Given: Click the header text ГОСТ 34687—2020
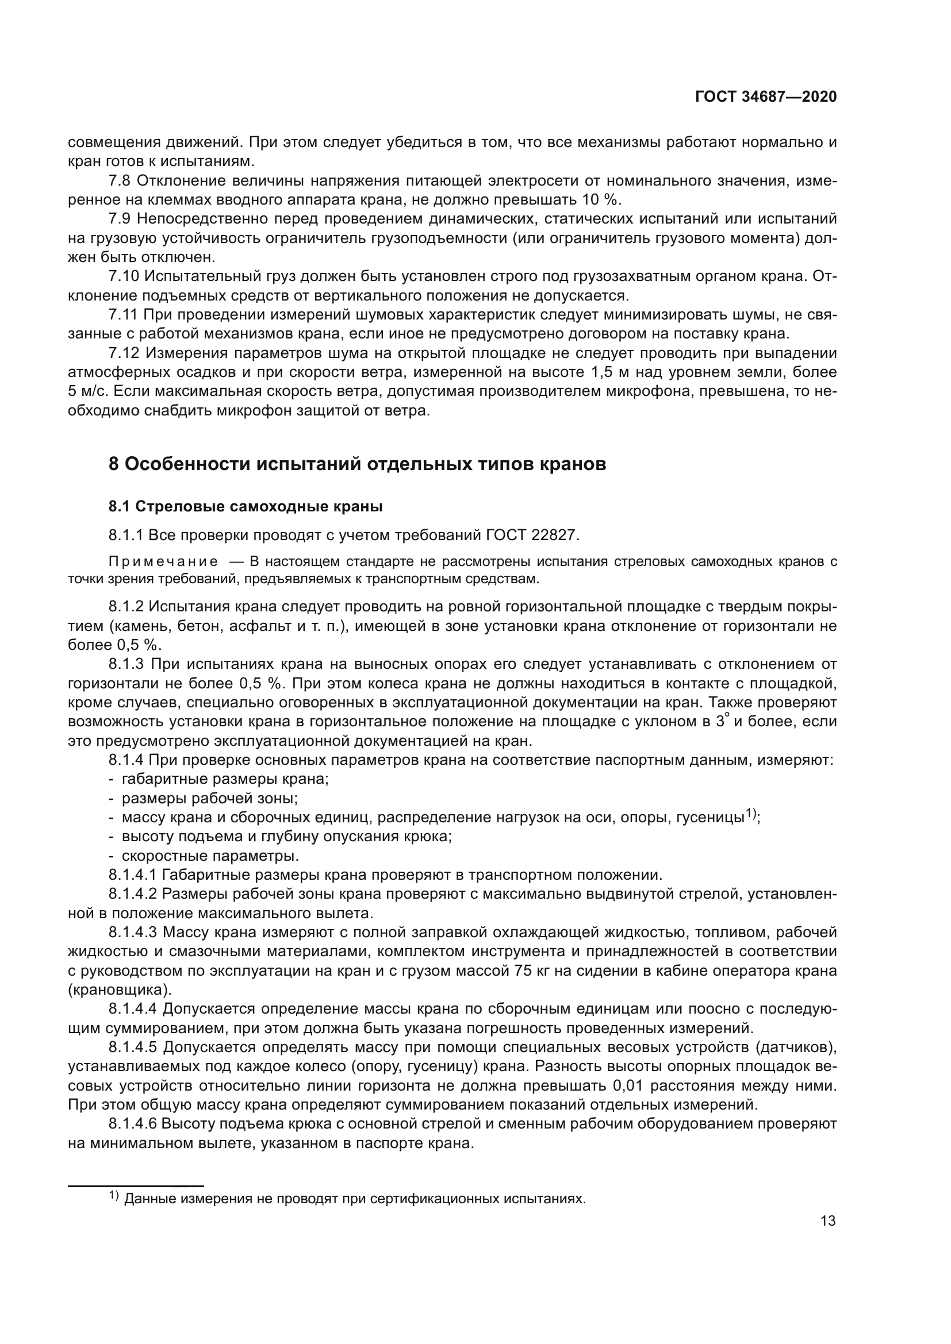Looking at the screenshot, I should (x=765, y=97).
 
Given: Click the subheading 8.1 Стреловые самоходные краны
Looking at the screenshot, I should (x=246, y=506).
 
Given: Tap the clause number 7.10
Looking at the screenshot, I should (x=124, y=276).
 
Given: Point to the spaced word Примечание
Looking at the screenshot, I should (x=163, y=562).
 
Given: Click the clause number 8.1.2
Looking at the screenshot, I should (x=126, y=606).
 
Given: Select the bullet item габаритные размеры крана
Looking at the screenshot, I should (x=225, y=779).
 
